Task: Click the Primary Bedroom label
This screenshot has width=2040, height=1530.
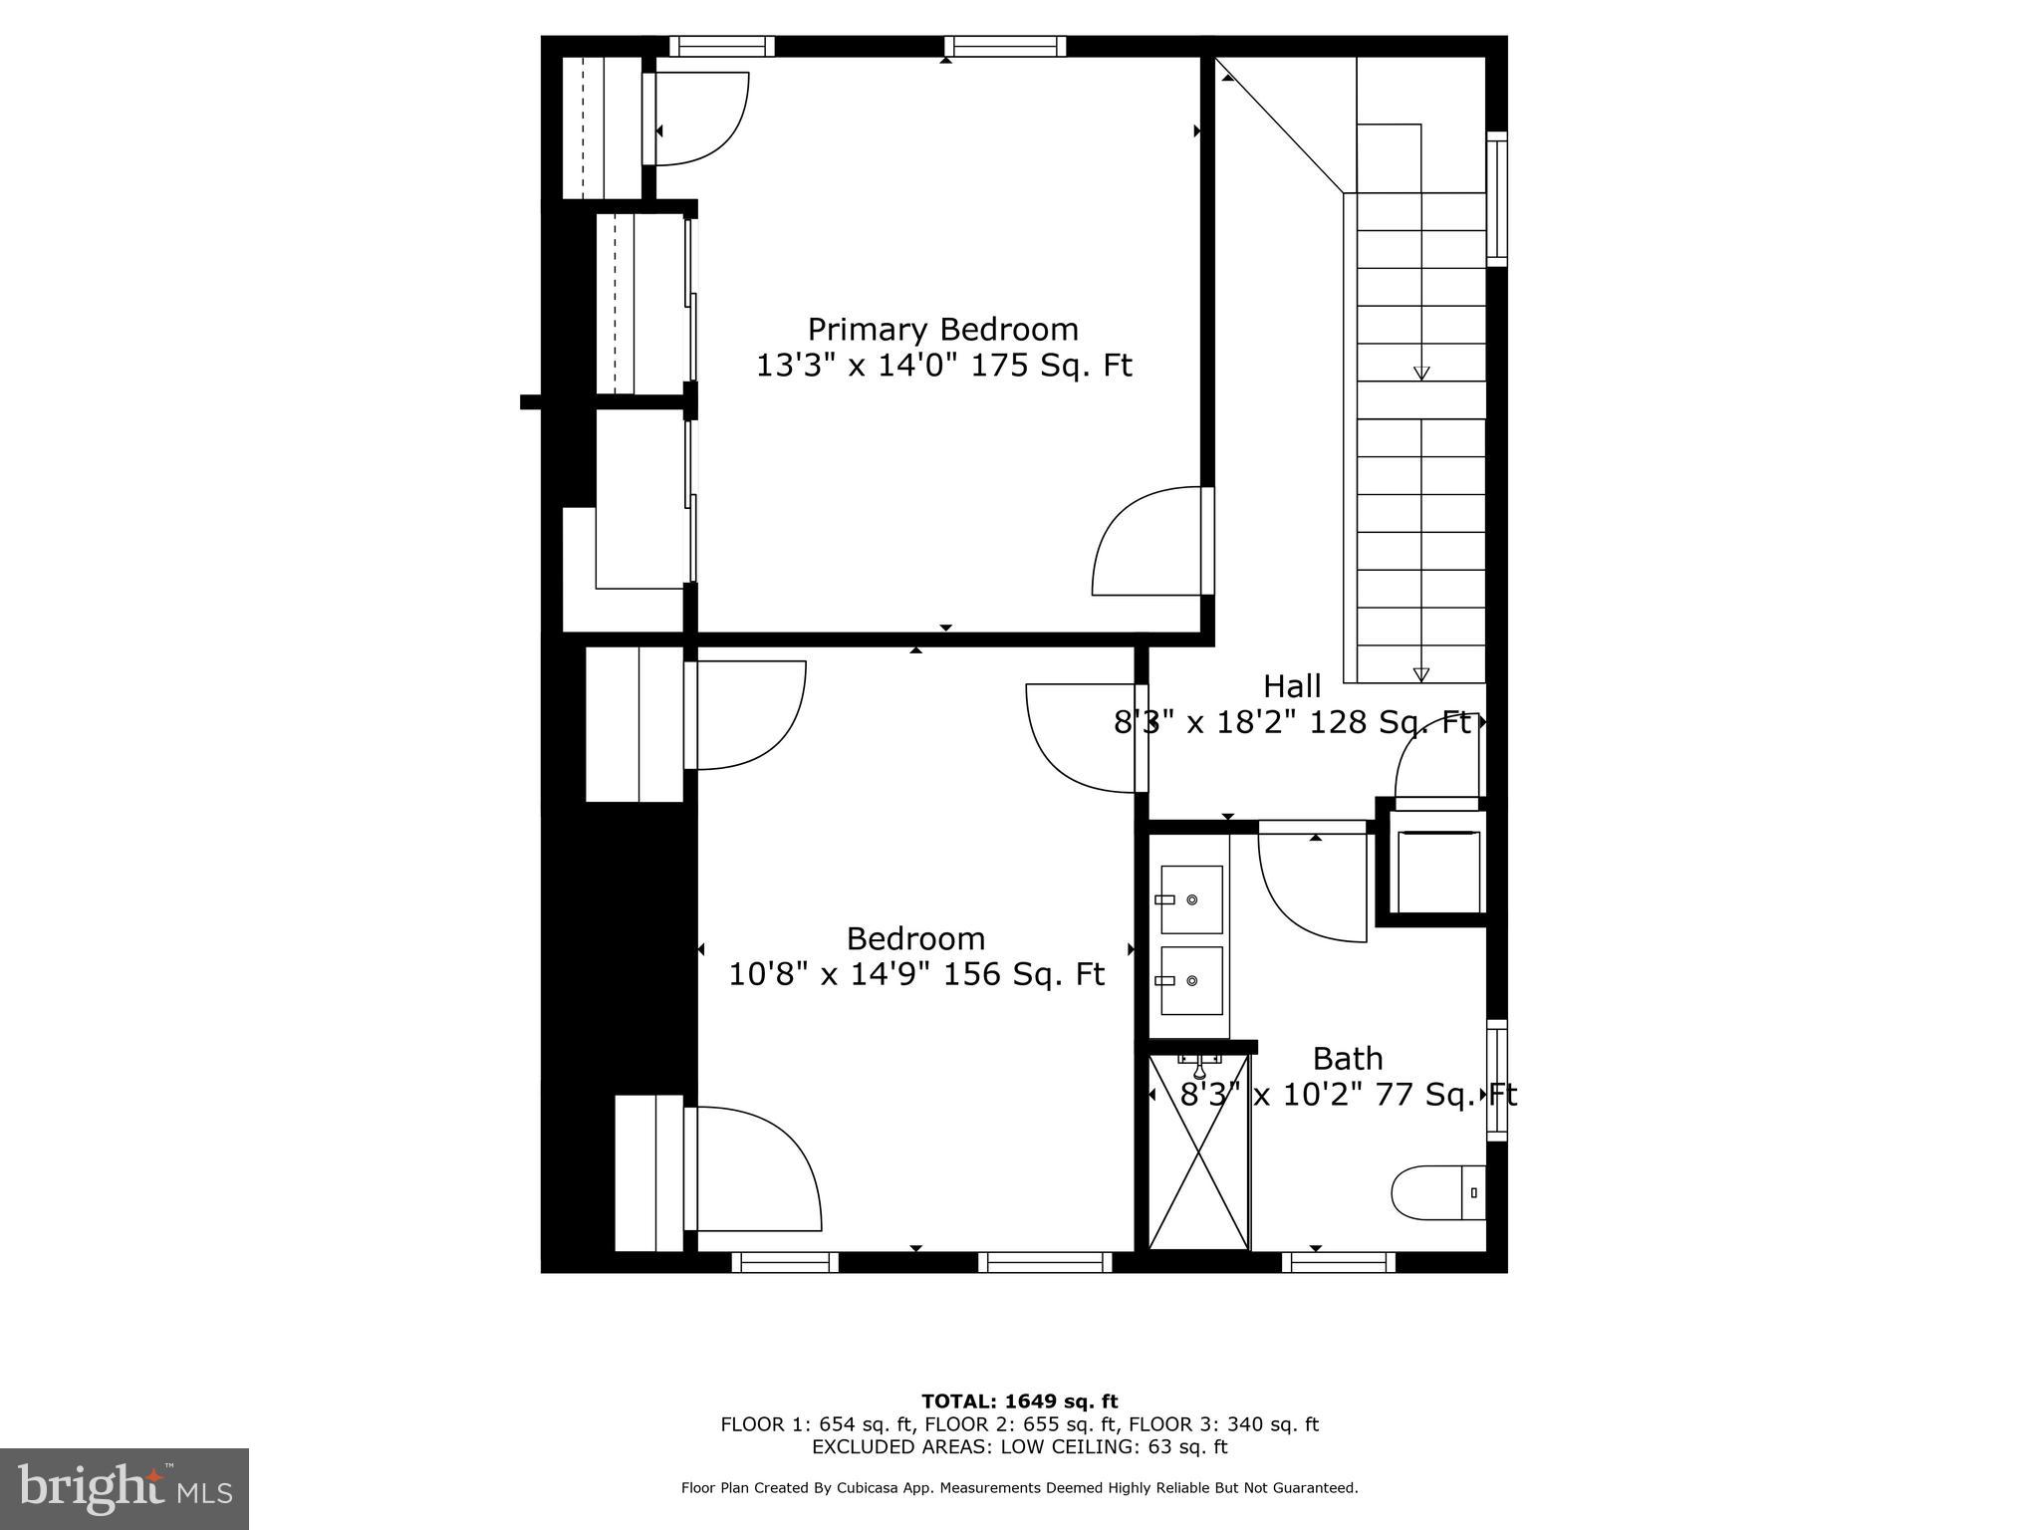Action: [x=942, y=329]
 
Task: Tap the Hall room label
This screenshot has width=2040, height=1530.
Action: [x=1292, y=686]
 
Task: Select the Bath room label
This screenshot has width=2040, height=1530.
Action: [x=1347, y=1058]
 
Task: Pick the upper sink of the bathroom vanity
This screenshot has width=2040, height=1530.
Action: [x=1191, y=899]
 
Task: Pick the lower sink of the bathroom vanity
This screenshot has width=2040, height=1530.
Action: [x=1191, y=980]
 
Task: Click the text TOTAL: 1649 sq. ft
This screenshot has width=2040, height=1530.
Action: [x=1019, y=1402]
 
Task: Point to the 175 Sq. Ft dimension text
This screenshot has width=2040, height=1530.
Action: [x=1051, y=366]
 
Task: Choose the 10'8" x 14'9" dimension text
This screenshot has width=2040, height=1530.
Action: [x=830, y=974]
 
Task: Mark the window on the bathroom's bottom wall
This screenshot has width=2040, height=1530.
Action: [x=1338, y=1262]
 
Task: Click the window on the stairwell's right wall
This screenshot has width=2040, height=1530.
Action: [x=1496, y=199]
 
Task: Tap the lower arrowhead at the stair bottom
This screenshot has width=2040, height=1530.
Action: [x=1421, y=674]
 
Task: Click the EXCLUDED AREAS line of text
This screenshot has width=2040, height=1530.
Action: [x=1019, y=1446]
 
